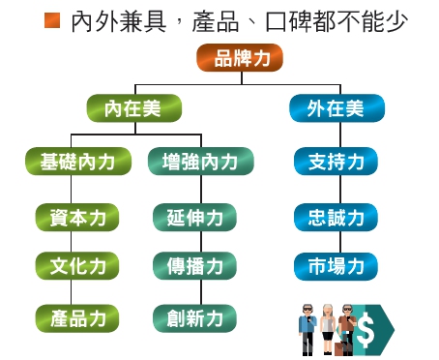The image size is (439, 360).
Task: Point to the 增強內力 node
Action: point(201,161)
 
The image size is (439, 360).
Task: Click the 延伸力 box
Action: point(194,217)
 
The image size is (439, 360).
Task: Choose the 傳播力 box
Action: point(194,265)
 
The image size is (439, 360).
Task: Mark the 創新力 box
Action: point(194,316)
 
